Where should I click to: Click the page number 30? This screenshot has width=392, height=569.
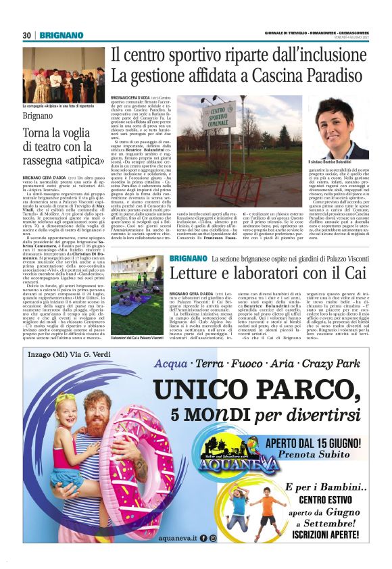[27, 35]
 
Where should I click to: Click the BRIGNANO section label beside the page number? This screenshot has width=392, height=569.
[61, 35]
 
